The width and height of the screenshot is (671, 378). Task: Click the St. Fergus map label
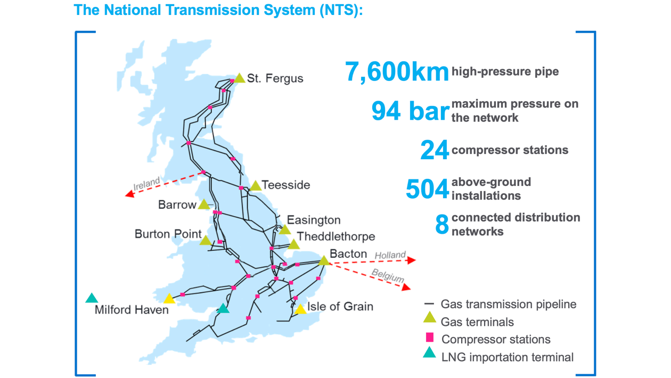275,79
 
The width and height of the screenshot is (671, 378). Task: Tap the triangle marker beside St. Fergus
240,78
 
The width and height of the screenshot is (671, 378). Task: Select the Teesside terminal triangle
256,186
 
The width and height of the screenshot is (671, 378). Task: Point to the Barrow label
177,205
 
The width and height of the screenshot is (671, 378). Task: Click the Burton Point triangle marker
206,241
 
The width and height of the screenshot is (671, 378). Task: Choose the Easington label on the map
313,220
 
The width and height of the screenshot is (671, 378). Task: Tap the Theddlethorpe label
336,236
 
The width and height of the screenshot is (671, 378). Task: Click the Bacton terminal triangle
324,260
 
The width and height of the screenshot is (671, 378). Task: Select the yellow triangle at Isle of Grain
300,309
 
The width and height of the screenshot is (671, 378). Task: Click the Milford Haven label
132,310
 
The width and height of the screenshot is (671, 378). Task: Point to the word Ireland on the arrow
146,184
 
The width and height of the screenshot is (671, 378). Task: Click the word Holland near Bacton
390,255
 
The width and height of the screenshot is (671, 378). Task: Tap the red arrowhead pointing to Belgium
406,287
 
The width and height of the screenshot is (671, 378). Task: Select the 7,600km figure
397,72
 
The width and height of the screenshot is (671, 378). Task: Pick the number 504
427,189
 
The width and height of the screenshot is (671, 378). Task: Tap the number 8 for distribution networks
442,225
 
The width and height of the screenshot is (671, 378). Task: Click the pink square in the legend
430,338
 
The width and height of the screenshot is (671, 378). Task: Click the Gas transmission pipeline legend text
509,305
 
